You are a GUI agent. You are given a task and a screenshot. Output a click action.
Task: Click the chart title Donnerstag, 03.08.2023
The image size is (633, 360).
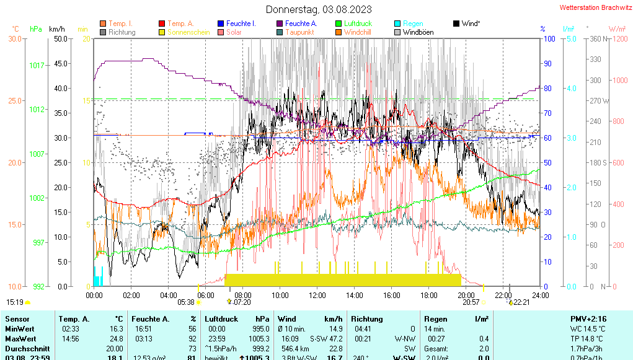(319, 9)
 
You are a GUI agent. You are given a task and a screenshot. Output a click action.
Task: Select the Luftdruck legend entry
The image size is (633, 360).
(358, 24)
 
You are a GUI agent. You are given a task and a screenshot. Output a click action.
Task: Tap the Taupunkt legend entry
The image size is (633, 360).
(299, 32)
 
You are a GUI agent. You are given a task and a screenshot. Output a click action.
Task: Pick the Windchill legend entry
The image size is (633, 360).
(358, 32)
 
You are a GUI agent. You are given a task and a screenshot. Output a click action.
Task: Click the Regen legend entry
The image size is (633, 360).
(413, 24)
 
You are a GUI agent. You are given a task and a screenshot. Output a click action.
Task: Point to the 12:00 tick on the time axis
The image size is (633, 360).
(317, 295)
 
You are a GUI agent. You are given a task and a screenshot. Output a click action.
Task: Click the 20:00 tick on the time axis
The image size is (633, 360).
(466, 295)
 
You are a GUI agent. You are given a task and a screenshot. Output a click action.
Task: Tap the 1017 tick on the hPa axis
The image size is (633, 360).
(37, 65)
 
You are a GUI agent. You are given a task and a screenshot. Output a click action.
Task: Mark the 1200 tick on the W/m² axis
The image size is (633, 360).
(618, 38)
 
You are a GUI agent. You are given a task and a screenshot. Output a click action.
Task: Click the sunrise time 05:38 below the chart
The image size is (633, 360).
(186, 302)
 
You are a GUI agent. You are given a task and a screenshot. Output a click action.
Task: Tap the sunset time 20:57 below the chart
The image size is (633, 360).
(471, 302)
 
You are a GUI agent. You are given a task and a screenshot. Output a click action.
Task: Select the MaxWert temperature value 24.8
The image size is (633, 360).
(116, 339)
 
